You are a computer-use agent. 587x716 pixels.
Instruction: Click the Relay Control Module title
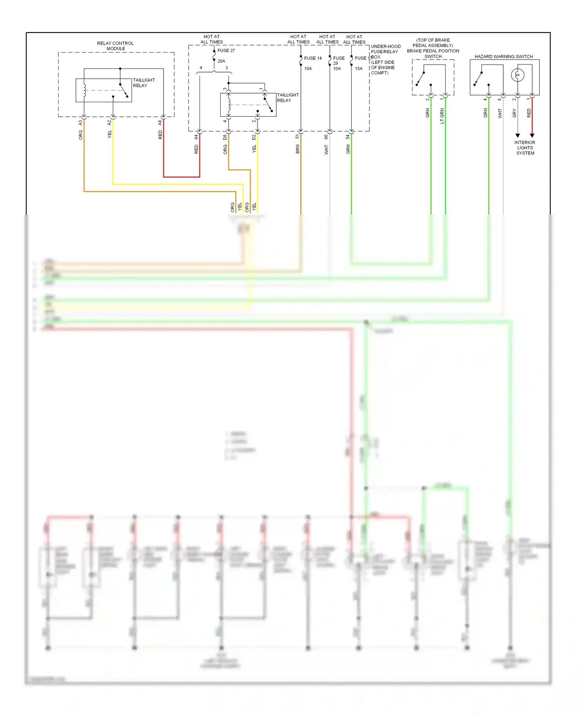point(115,46)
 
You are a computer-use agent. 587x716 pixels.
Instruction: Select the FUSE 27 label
point(226,51)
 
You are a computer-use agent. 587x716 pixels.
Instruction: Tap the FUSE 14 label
point(313,58)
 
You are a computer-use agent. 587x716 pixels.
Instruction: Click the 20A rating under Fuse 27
point(221,61)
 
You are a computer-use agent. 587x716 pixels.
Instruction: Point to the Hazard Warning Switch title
point(504,56)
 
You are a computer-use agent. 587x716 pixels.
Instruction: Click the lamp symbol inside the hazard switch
point(518,75)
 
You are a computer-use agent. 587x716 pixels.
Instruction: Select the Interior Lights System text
point(525,148)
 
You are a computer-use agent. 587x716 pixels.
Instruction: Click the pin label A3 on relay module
point(81,123)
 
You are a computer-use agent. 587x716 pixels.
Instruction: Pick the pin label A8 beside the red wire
point(160,123)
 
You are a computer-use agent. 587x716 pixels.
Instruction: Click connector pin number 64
point(196,137)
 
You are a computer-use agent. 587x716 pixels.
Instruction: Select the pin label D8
point(225,137)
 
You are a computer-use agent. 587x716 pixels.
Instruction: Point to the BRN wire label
point(298,149)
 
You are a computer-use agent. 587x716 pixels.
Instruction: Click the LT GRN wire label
point(442,116)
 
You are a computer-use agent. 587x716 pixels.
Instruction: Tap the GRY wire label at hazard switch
point(514,114)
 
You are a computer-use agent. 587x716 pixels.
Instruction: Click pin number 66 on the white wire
point(326,137)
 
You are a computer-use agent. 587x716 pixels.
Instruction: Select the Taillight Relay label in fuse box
point(288,98)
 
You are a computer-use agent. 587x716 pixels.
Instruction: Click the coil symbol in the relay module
point(84,90)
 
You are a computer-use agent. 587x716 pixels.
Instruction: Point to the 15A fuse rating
point(358,69)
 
